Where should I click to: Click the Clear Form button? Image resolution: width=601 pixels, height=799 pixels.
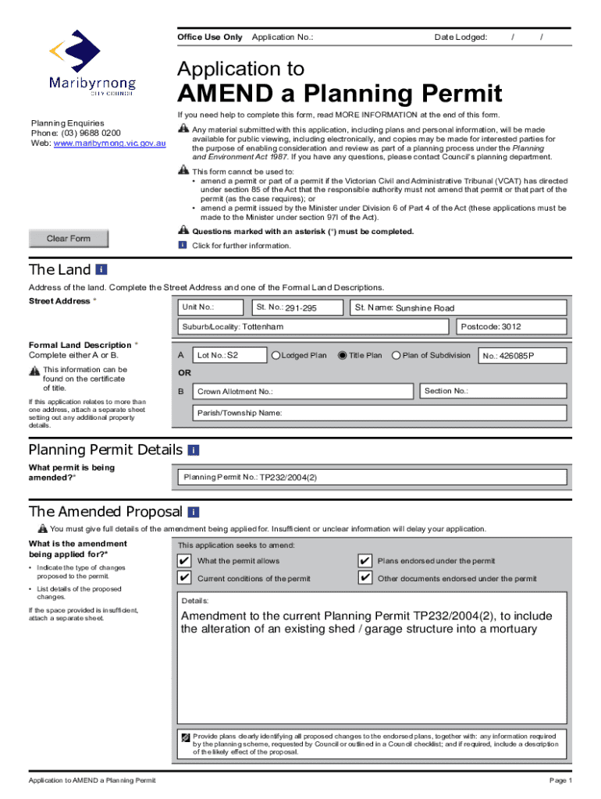69,239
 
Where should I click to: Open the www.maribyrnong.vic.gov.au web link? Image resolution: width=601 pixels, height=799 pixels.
109,144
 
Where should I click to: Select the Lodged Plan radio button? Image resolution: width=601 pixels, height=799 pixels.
276,356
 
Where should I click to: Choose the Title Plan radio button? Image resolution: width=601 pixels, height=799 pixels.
342,356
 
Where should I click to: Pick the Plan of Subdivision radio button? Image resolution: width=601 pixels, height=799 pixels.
396,356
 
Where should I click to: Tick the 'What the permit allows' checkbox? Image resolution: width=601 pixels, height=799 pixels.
183,561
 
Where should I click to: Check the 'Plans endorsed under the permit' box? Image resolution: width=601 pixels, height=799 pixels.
364,561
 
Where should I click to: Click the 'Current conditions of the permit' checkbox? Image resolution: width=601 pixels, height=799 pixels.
183,578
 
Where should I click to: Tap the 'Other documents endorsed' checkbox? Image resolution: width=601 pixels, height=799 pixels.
364,578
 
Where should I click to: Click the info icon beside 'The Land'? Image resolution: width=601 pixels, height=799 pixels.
101,270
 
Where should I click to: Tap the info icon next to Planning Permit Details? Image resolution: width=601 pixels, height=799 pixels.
194,450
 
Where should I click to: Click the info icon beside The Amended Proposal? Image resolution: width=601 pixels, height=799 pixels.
194,512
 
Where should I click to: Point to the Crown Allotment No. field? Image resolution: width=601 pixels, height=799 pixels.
304,391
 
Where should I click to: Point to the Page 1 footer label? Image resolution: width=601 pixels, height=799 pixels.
560,781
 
